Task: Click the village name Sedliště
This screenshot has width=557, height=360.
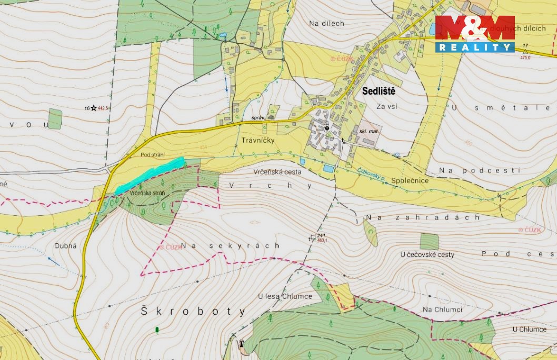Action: click(x=379, y=91)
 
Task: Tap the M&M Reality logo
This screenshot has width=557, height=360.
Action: click(x=475, y=34)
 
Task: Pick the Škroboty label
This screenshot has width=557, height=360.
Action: click(x=193, y=312)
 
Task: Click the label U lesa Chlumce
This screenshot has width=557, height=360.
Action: click(x=285, y=296)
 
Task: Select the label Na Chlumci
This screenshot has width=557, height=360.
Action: click(x=442, y=309)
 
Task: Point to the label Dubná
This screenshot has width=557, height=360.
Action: click(x=66, y=246)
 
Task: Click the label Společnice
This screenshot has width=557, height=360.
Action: click(x=410, y=181)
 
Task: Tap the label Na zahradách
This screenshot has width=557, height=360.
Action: click(x=423, y=217)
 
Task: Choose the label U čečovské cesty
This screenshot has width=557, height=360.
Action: click(x=427, y=255)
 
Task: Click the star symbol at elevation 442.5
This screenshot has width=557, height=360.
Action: click(x=94, y=108)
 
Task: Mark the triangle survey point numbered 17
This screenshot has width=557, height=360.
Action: click(x=524, y=52)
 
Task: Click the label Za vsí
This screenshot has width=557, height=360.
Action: click(x=386, y=106)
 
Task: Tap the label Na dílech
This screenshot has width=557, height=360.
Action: click(x=326, y=23)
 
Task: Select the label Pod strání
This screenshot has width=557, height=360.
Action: click(x=153, y=155)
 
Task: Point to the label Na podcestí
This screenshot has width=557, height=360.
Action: click(x=480, y=171)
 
